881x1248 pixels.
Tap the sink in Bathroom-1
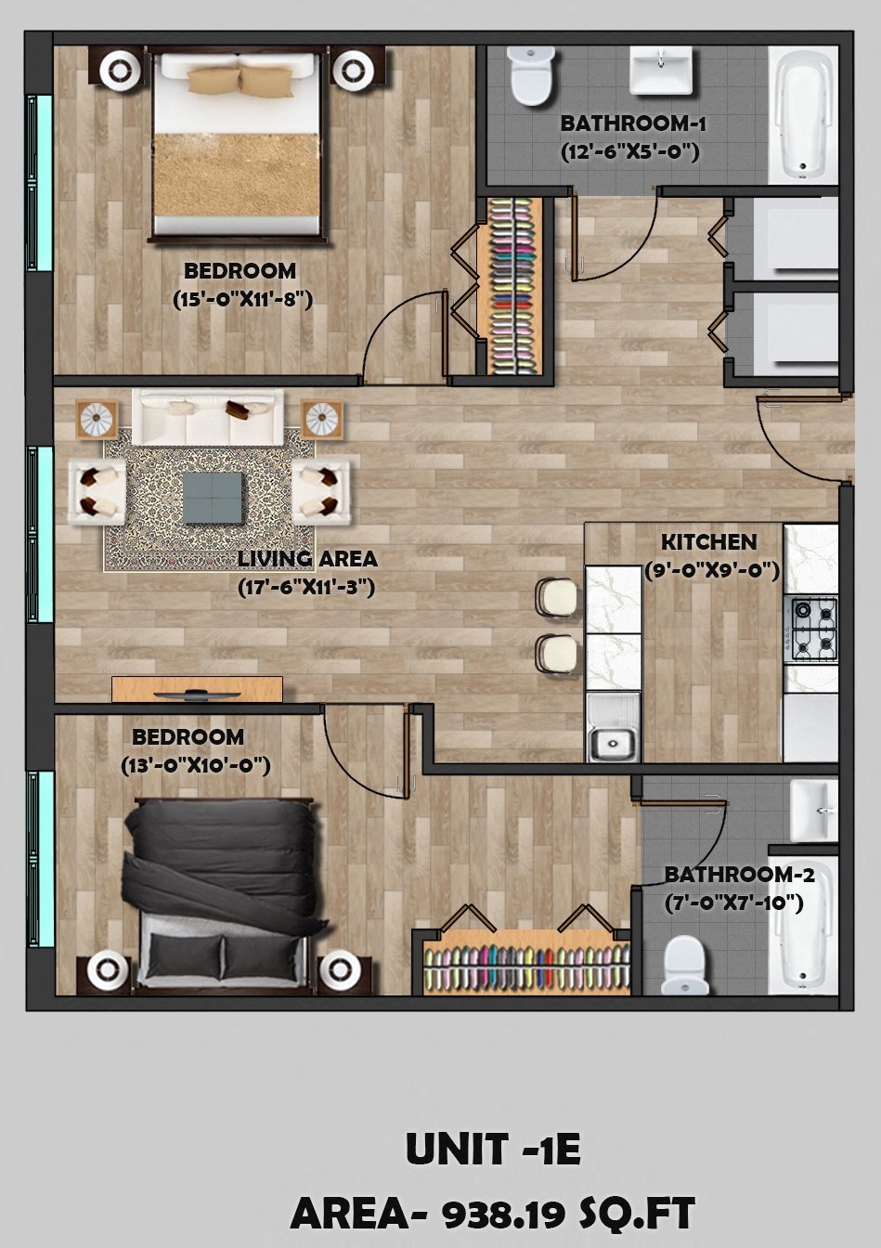tap(661, 71)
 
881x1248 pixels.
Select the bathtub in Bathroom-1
tap(804, 114)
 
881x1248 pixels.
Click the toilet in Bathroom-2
tap(687, 965)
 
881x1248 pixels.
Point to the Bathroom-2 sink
tap(813, 810)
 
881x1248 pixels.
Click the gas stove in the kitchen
tap(813, 630)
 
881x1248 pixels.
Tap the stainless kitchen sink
tap(613, 742)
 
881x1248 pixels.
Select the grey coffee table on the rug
tap(214, 497)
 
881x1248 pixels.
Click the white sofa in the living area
tap(207, 417)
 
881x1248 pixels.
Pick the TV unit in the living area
tap(197, 690)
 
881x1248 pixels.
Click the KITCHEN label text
tap(708, 542)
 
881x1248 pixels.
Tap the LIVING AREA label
tap(307, 559)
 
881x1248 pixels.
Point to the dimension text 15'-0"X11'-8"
tap(241, 299)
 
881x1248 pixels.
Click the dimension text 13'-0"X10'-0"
tap(195, 765)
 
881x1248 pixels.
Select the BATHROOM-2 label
tap(739, 875)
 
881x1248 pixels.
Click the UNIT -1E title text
tap(493, 1150)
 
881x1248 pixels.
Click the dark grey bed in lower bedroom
tap(223, 882)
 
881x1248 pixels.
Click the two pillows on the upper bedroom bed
tap(240, 80)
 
